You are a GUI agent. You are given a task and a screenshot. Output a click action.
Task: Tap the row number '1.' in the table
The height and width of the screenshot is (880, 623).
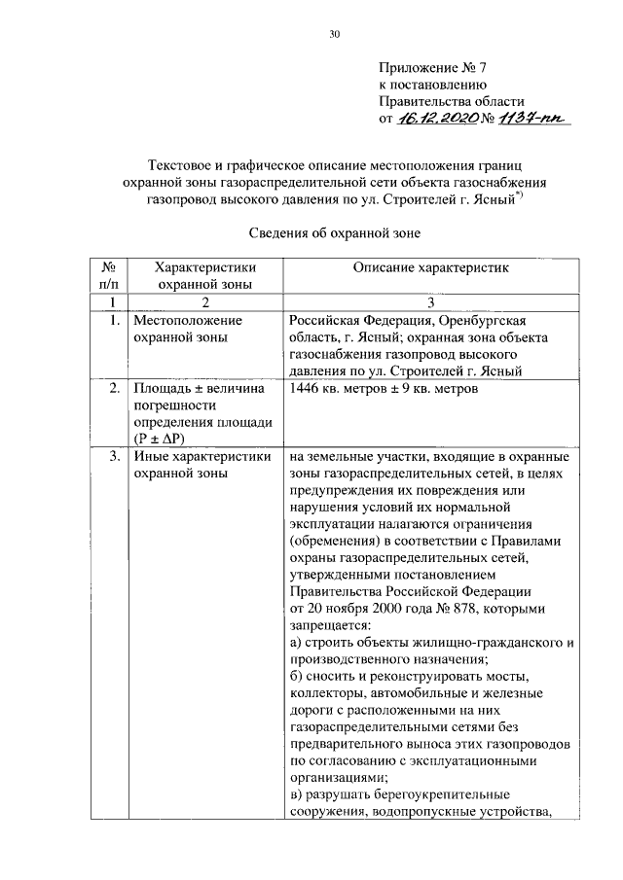tap(114, 320)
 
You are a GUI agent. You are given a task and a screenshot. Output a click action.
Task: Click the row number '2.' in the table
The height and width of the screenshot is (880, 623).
tap(114, 389)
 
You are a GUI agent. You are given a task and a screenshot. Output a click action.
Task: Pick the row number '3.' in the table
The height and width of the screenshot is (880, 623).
tap(114, 456)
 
